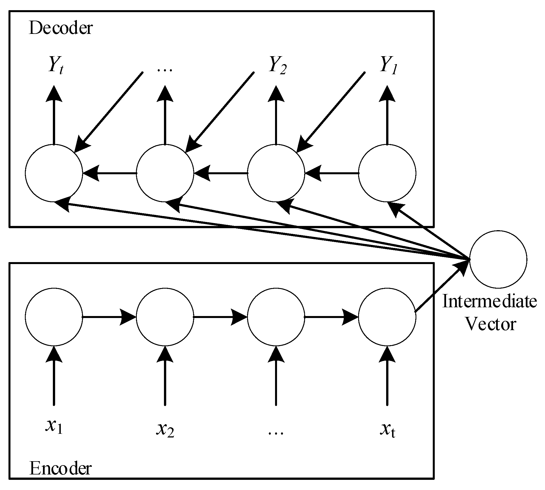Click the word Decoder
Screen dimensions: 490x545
coord(61,28)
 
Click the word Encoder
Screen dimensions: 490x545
coord(60,469)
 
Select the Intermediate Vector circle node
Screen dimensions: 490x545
coord(498,259)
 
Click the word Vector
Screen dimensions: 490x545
coord(491,324)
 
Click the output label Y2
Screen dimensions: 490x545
coord(278,66)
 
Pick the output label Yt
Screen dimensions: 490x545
coord(55,66)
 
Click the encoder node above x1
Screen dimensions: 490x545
coord(54,317)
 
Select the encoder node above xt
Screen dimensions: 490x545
coord(387,317)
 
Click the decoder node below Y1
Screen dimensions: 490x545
coord(387,173)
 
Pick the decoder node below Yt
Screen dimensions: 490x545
coord(54,173)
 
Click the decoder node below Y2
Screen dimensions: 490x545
coord(276,173)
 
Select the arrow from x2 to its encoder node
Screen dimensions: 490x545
coord(165,376)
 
